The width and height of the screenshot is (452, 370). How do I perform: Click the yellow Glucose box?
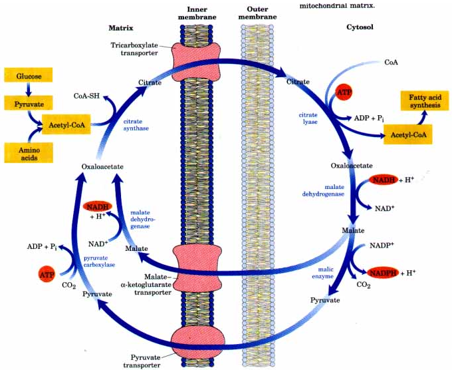pos(29,76)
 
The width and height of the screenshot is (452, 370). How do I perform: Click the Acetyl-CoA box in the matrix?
pos(65,124)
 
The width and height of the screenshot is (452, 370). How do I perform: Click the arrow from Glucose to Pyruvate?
pos(29,89)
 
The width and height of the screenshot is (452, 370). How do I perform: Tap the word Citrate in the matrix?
pos(150,83)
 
